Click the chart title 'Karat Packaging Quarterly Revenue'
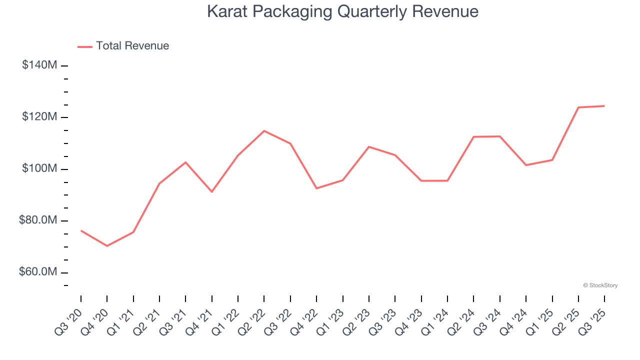(x=342, y=11)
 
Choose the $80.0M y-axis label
(x=37, y=220)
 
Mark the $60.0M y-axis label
(x=37, y=272)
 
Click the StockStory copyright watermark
(x=600, y=285)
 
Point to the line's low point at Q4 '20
(x=107, y=245)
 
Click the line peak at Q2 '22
(x=264, y=131)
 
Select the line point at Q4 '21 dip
(x=212, y=191)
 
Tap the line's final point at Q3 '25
(x=604, y=106)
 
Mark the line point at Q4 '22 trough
(x=316, y=188)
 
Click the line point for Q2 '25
(x=578, y=107)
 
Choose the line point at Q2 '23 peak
(x=369, y=147)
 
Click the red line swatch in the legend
(x=85, y=46)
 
